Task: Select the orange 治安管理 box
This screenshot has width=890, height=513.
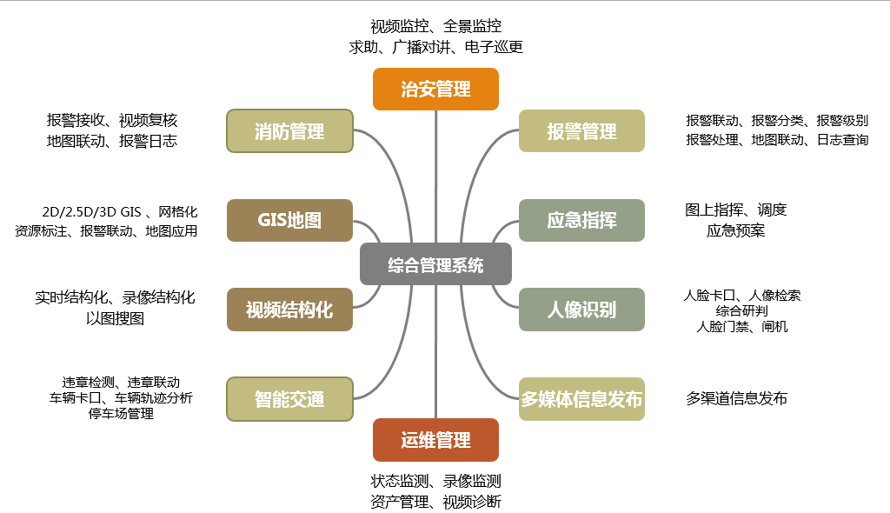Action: pyautogui.click(x=435, y=89)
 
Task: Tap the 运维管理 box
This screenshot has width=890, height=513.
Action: pyautogui.click(x=435, y=440)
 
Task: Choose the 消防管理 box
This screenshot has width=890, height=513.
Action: pyautogui.click(x=289, y=131)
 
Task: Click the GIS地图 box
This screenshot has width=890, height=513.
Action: pyautogui.click(x=289, y=220)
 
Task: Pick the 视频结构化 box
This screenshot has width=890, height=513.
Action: pyautogui.click(x=289, y=310)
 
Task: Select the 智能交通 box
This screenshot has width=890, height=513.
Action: pyautogui.click(x=289, y=399)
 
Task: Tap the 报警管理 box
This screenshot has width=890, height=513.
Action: pyautogui.click(x=581, y=131)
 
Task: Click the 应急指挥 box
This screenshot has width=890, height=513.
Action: pyautogui.click(x=581, y=220)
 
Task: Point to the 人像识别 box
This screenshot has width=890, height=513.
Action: pyautogui.click(x=581, y=310)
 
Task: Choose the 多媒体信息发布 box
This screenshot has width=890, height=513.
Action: pyautogui.click(x=581, y=399)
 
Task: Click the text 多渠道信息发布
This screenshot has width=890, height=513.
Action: pyautogui.click(x=736, y=399)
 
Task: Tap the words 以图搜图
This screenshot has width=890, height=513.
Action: pyautogui.click(x=116, y=318)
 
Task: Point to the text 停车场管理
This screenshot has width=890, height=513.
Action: pyautogui.click(x=121, y=414)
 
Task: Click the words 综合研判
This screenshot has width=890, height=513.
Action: pyautogui.click(x=742, y=311)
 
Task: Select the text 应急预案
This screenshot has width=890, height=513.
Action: pyautogui.click(x=735, y=231)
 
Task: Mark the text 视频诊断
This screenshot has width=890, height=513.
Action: pyautogui.click(x=472, y=502)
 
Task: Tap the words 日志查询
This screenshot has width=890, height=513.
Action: pyautogui.click(x=842, y=139)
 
